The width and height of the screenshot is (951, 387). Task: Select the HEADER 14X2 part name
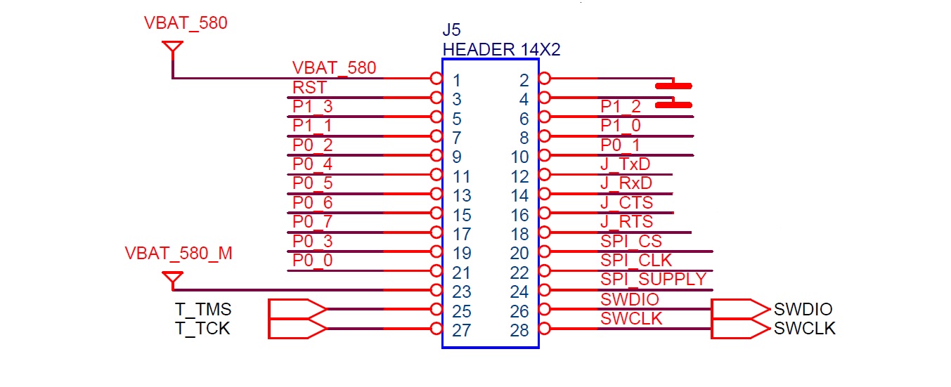click(501, 50)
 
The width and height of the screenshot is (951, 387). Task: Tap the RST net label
click(309, 87)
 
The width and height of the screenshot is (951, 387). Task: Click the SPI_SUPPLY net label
click(653, 279)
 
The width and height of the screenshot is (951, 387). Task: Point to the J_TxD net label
click(625, 164)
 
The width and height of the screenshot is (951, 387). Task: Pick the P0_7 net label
click(312, 222)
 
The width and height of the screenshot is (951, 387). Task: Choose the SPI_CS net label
click(630, 241)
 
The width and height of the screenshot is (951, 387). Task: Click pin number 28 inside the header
click(519, 330)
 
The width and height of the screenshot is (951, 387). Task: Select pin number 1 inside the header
click(457, 80)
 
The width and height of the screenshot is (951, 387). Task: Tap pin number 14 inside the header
click(519, 196)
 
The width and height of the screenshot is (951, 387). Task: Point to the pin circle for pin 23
click(436, 290)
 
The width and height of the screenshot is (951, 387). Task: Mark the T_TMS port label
click(203, 309)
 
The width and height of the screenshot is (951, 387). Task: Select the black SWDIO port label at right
click(803, 310)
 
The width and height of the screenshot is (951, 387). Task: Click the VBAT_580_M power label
click(179, 254)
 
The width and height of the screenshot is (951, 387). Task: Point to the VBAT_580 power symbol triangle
click(172, 48)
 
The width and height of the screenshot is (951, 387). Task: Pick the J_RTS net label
click(626, 222)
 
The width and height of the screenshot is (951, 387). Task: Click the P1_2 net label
click(621, 107)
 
